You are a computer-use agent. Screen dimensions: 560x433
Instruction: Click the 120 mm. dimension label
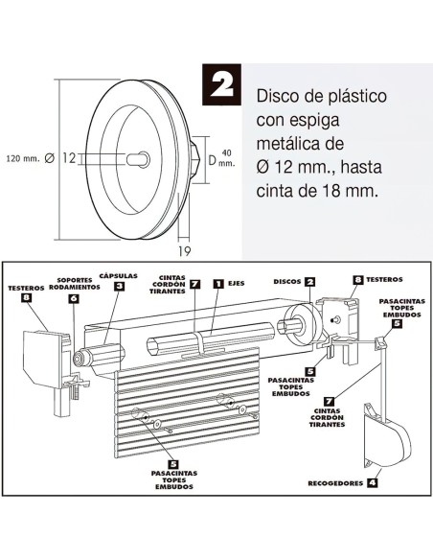point(24,158)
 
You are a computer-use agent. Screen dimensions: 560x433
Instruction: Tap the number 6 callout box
point(73,298)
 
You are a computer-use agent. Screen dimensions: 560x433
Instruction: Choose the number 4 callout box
point(373,482)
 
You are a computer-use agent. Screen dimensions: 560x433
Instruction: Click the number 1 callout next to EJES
point(218,284)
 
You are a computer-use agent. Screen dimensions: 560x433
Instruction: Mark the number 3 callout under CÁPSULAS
point(119,285)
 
